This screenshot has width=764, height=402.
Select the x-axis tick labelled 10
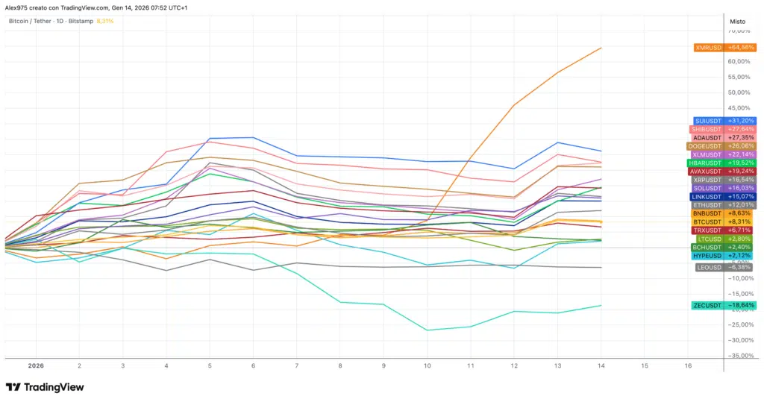pyautogui.click(x=427, y=367)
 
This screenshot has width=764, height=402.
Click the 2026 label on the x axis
pyautogui.click(x=37, y=367)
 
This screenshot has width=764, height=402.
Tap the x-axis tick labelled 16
pyautogui.click(x=687, y=367)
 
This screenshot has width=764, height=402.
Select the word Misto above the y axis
pyautogui.click(x=736, y=22)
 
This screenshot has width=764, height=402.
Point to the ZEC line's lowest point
pyautogui.click(x=427, y=330)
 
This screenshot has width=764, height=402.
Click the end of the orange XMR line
pyautogui.click(x=601, y=48)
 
